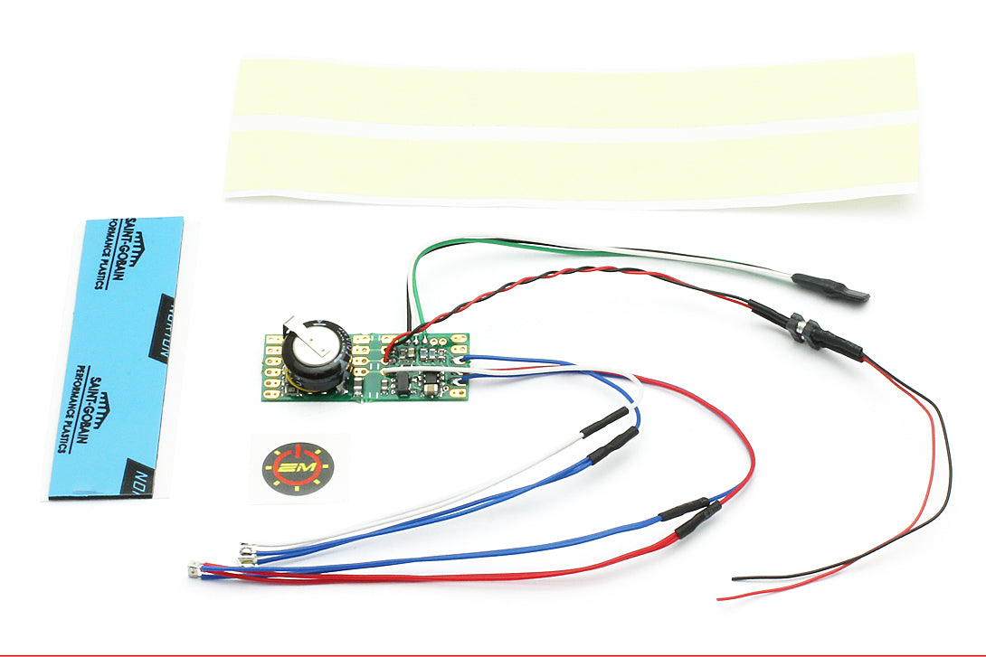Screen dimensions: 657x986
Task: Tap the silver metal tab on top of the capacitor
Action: [x=302, y=330]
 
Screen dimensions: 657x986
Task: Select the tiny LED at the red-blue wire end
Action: [x=193, y=569]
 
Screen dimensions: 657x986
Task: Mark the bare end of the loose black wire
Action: [x=735, y=577]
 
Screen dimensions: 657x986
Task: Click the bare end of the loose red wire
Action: [x=721, y=597]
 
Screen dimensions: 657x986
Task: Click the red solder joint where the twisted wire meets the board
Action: [x=387, y=349]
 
